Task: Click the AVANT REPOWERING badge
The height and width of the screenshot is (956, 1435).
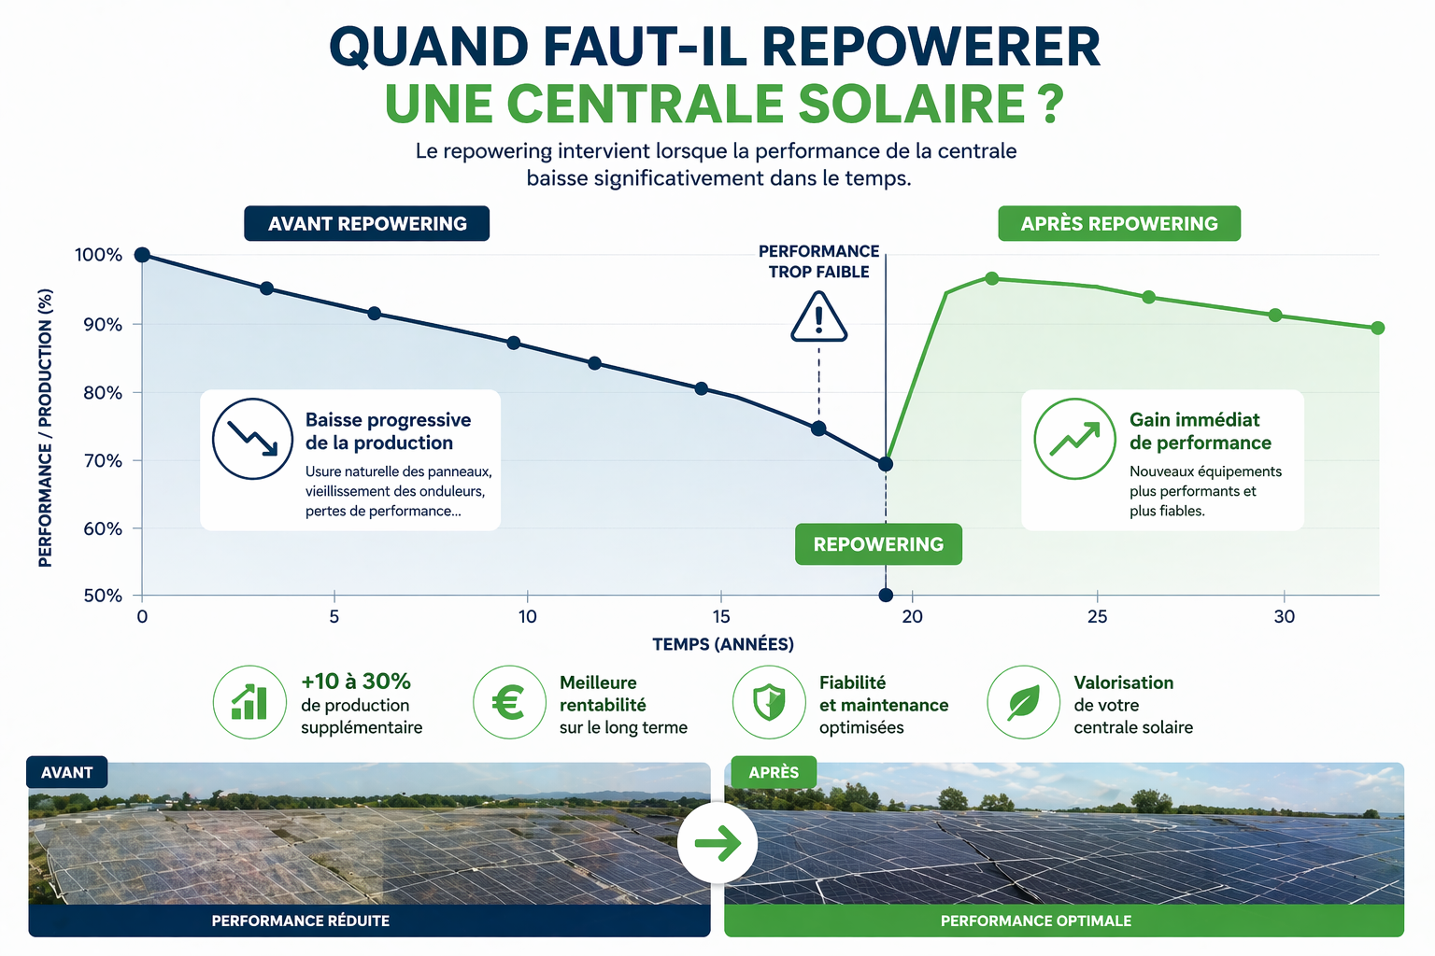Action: [366, 224]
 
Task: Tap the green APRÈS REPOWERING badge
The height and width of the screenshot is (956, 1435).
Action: [1119, 224]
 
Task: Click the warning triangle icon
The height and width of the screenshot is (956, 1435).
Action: [819, 317]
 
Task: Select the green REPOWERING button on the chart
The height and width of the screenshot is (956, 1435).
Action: [878, 544]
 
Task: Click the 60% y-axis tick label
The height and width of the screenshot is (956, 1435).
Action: [103, 528]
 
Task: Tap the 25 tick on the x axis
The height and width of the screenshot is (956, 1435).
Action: [1097, 616]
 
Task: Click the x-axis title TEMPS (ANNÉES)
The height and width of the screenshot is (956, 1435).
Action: [723, 644]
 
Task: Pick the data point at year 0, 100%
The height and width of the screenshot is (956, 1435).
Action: [142, 255]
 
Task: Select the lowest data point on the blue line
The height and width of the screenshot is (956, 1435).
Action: [886, 464]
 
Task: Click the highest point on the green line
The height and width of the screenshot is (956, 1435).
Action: [992, 278]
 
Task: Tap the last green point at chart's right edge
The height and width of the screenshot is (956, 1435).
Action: [1377, 328]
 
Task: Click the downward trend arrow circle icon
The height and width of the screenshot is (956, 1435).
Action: [252, 439]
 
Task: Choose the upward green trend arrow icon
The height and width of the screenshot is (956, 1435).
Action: [1074, 439]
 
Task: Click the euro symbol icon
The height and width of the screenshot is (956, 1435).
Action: [508, 702]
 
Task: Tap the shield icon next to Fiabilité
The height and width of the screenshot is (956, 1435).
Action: [768, 702]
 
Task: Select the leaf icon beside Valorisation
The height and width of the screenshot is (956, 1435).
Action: [1024, 702]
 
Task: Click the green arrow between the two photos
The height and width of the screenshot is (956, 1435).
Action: [717, 844]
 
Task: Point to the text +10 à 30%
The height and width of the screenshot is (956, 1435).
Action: [356, 682]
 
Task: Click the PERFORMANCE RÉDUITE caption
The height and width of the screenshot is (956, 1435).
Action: [301, 921]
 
